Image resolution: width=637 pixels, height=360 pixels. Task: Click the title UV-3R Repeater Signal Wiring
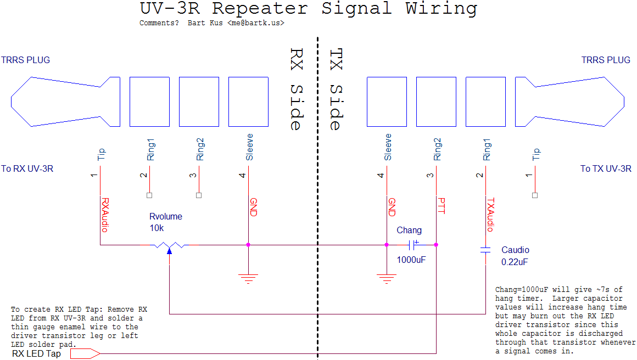point(308,9)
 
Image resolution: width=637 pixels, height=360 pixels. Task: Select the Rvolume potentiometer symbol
point(169,245)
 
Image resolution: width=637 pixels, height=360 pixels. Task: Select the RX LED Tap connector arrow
point(83,354)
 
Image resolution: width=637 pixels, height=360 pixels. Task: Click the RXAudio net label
point(104,215)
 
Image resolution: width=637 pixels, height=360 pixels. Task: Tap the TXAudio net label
point(491,215)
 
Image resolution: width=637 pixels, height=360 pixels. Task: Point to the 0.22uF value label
point(515,262)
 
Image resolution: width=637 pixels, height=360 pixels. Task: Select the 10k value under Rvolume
point(157,228)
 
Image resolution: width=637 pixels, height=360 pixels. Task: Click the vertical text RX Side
point(296,89)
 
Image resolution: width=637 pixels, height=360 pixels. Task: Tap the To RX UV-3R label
point(27,168)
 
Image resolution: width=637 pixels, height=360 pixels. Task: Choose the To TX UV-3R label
point(606,168)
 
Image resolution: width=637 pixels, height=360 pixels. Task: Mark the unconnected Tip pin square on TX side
point(535,195)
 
